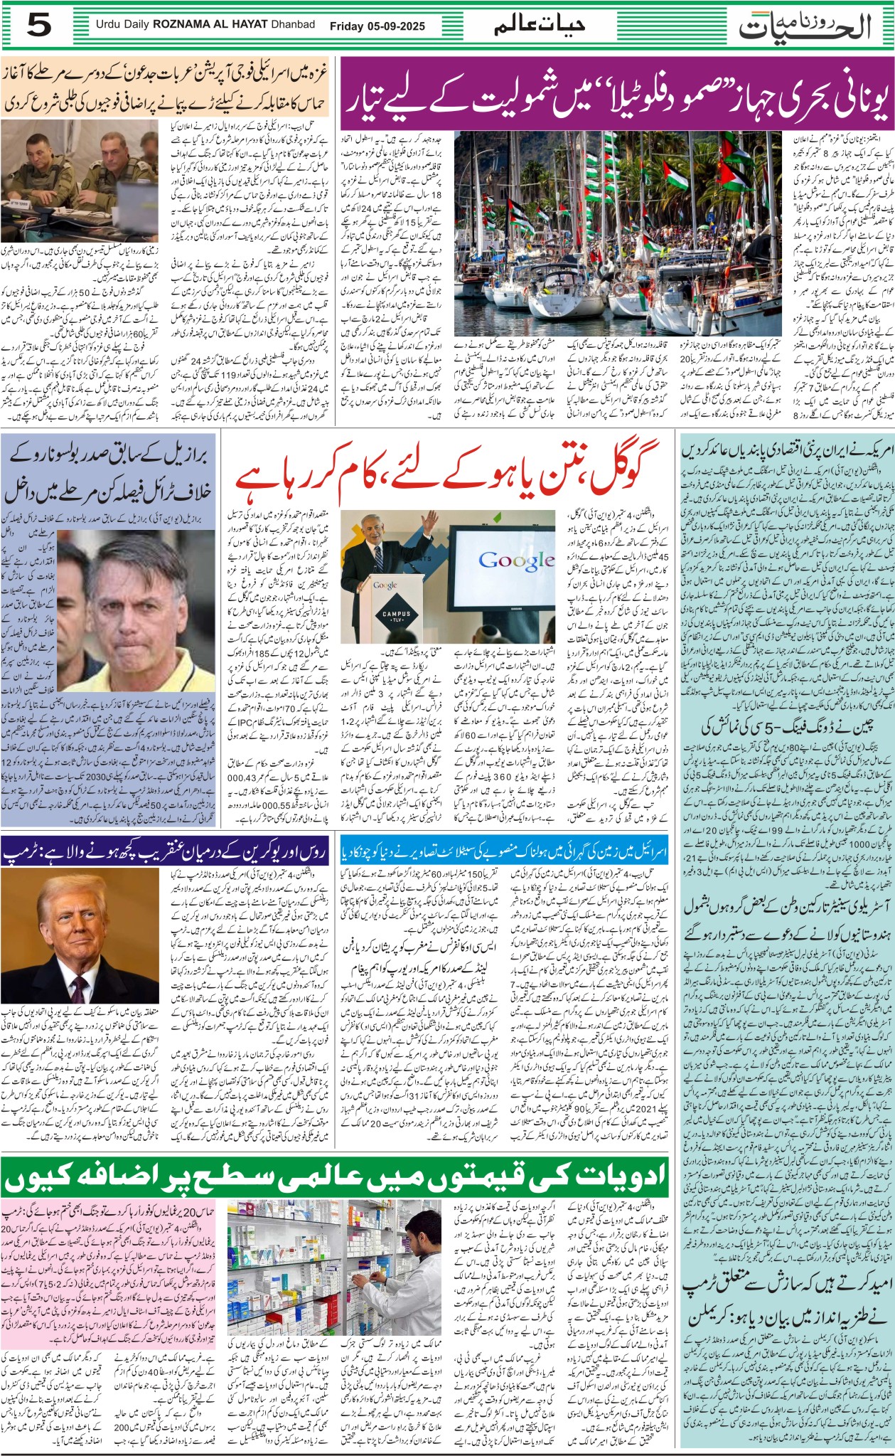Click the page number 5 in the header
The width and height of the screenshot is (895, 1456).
tap(40, 26)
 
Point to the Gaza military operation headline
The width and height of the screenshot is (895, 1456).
tap(165, 87)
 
